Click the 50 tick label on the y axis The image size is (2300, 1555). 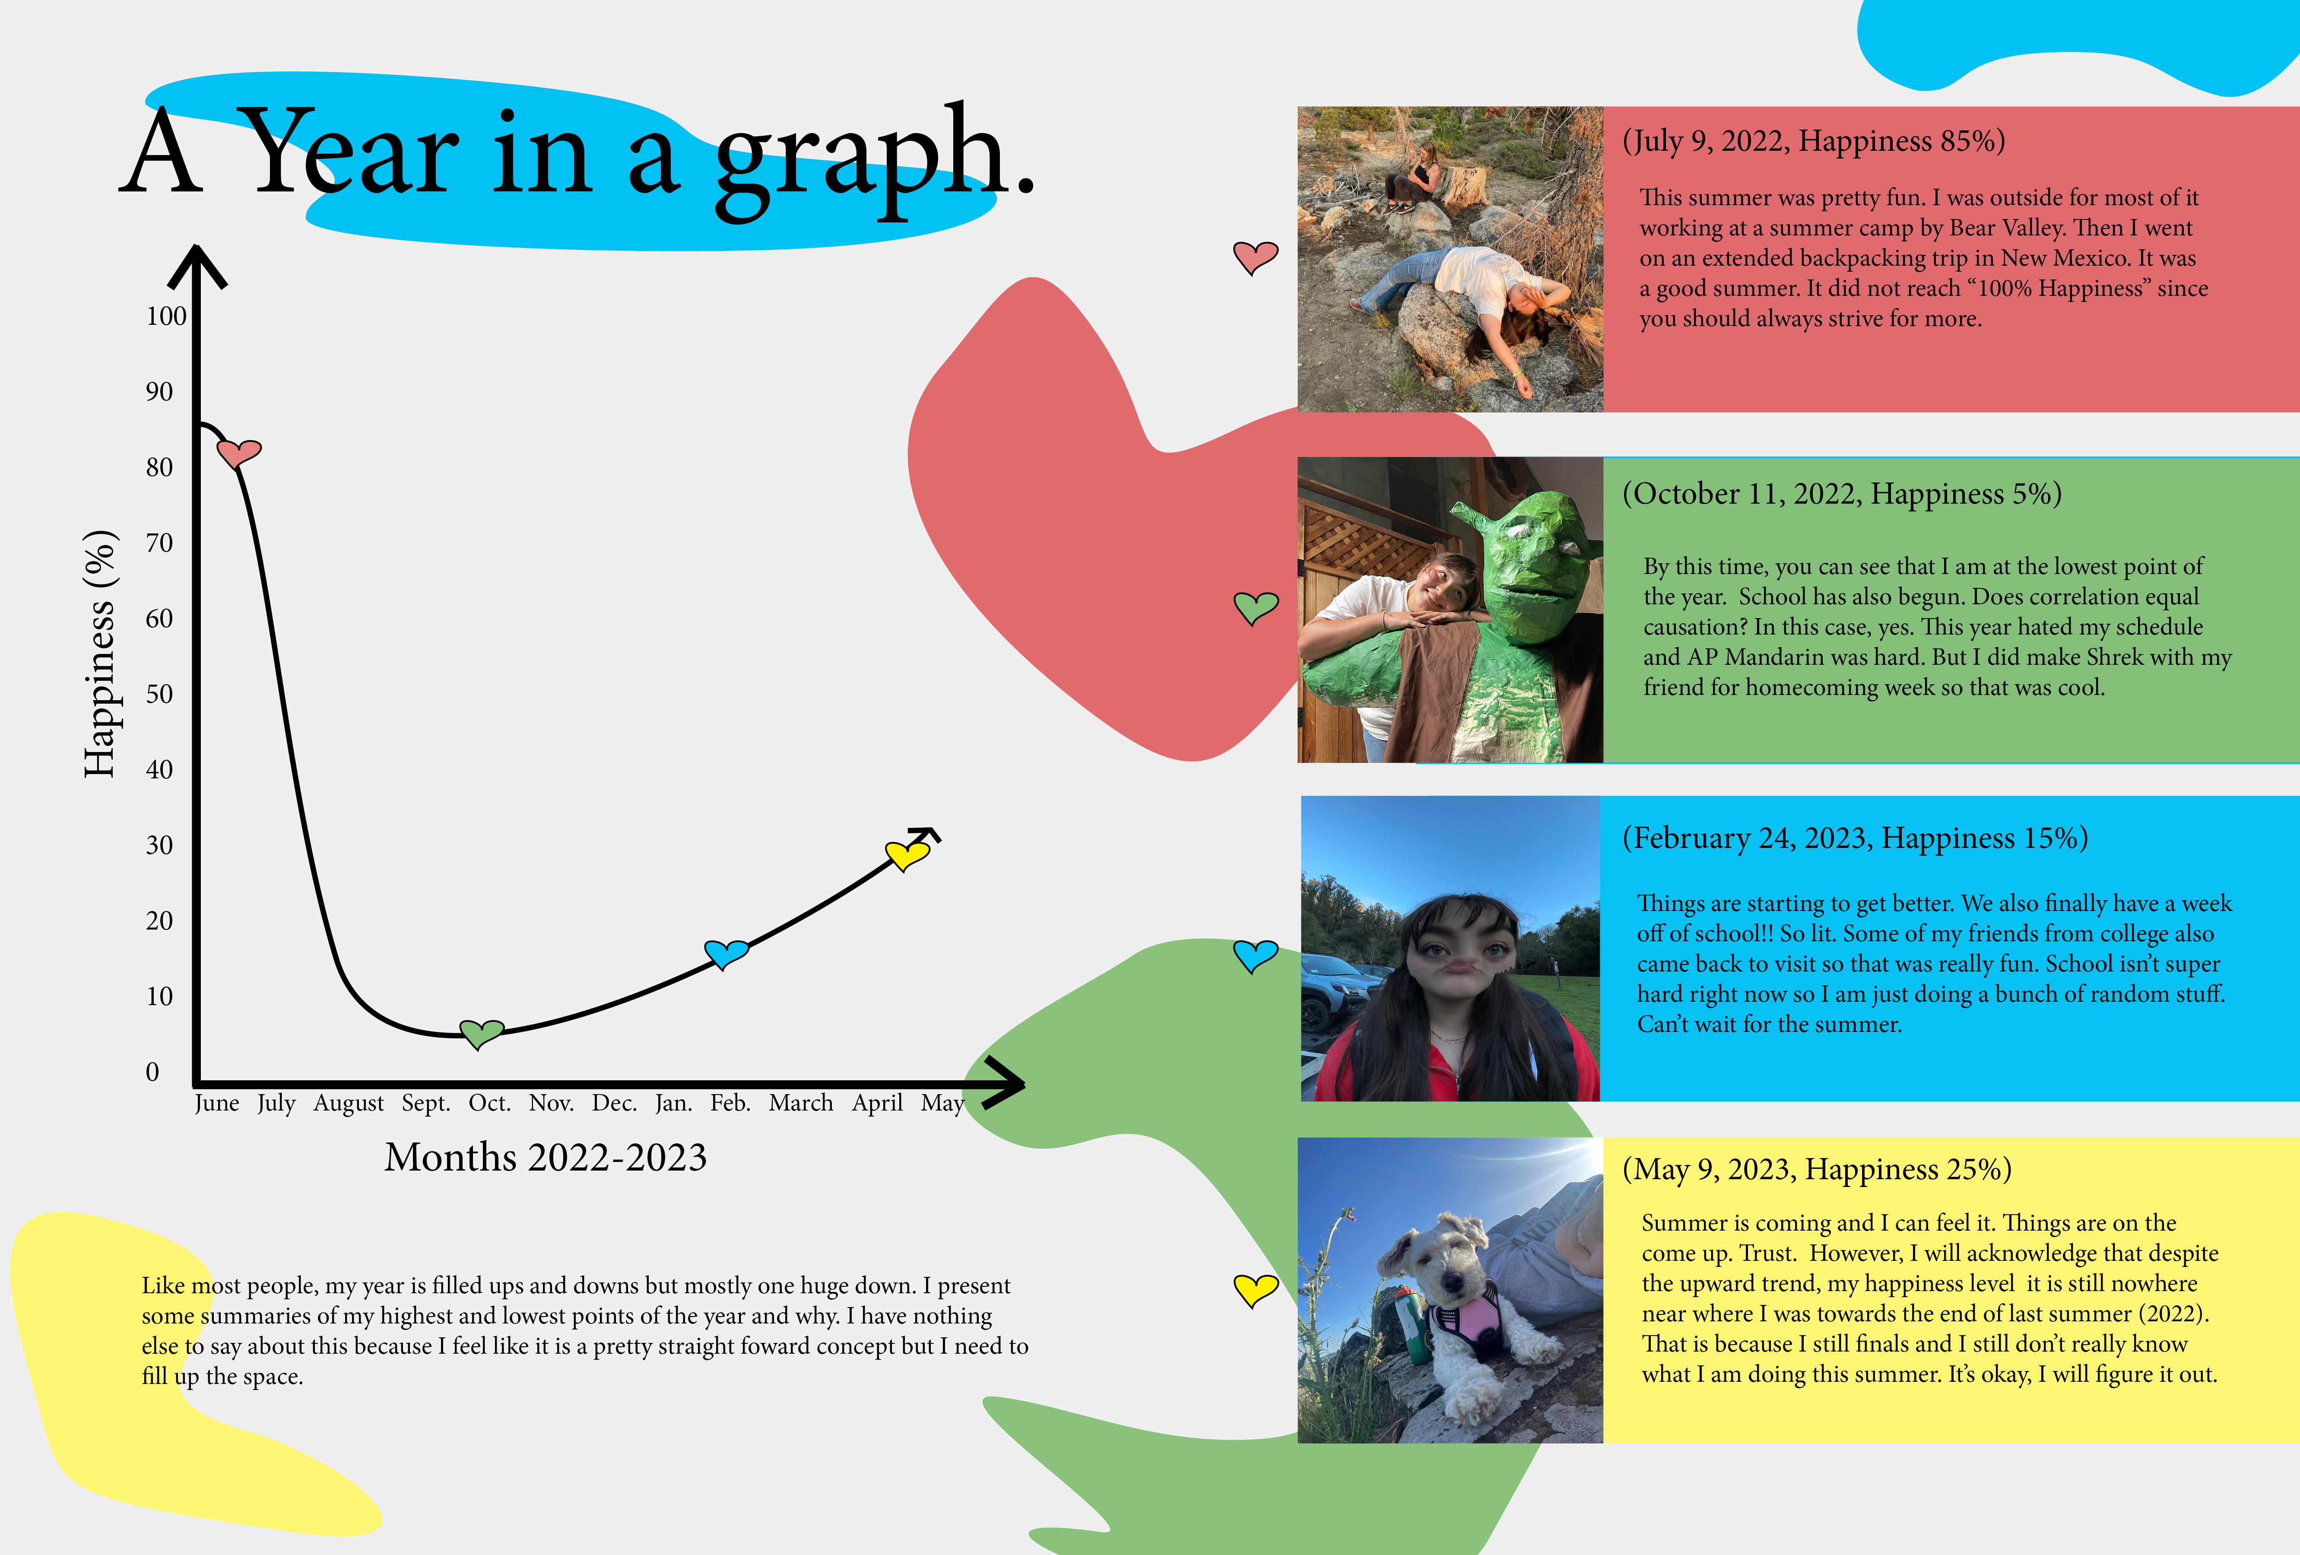pyautogui.click(x=159, y=694)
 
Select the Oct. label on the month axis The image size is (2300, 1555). pyautogui.click(x=490, y=1103)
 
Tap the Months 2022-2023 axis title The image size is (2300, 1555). pyautogui.click(x=546, y=1157)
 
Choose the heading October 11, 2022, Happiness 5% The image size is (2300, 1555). pyautogui.click(x=1842, y=494)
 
